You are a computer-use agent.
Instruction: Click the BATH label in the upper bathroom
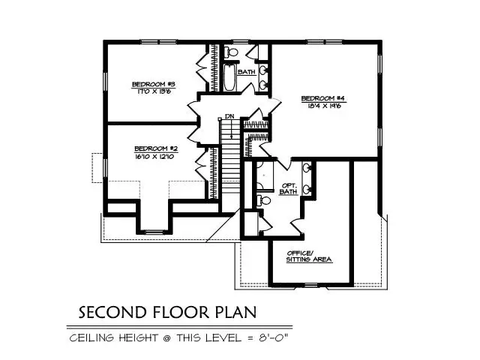click(x=247, y=72)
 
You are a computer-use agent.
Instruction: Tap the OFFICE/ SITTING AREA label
click(x=309, y=256)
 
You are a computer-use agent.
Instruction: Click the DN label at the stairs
click(x=229, y=118)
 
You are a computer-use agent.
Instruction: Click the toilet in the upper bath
click(x=232, y=52)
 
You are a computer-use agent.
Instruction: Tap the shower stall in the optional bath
click(x=265, y=172)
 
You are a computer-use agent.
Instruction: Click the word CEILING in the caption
click(x=94, y=338)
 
